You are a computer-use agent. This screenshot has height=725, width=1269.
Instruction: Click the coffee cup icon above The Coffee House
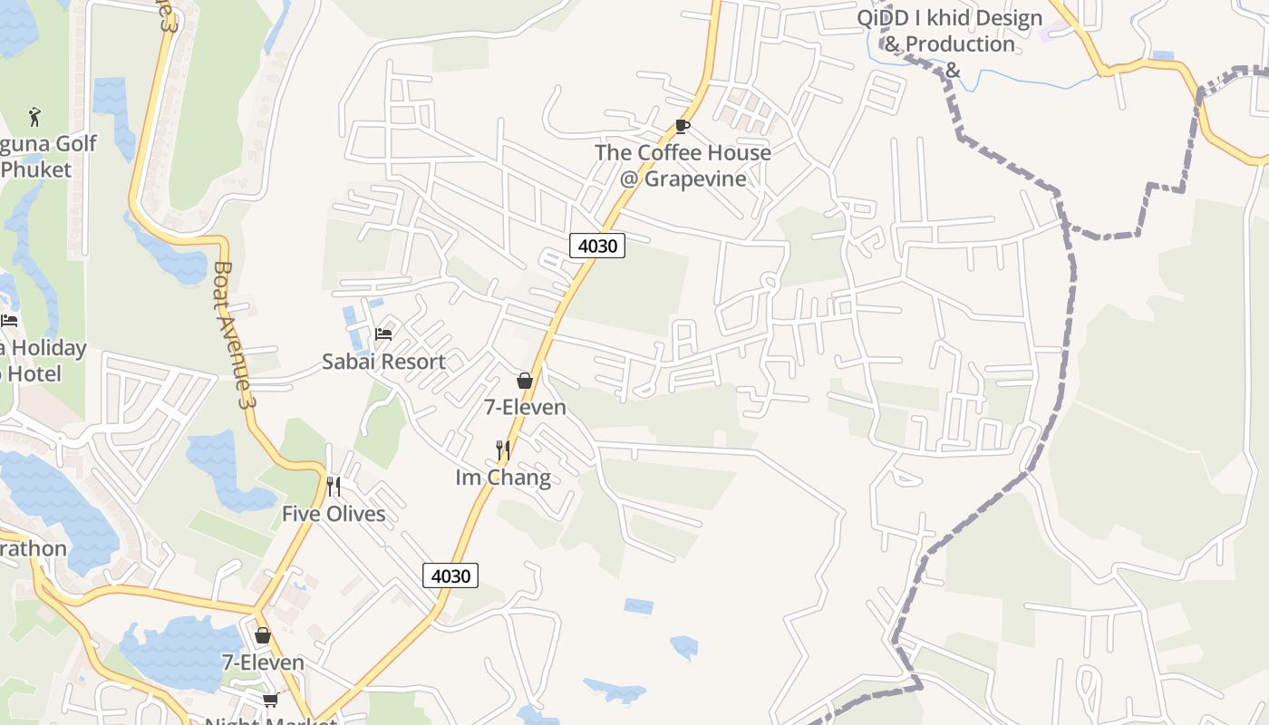tap(683, 126)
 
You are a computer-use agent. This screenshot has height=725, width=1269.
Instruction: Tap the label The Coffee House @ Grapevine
tap(683, 165)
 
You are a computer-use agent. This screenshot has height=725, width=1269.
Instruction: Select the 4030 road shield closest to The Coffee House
tap(597, 245)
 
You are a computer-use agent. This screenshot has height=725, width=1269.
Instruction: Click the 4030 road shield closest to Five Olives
tap(450, 575)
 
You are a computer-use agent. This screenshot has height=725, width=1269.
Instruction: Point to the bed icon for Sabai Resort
tap(383, 334)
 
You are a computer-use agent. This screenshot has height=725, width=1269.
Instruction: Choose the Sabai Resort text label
tap(383, 362)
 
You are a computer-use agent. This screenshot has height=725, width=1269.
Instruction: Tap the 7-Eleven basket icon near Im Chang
tap(524, 381)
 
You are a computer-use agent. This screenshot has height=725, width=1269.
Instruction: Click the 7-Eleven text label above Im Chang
tap(525, 407)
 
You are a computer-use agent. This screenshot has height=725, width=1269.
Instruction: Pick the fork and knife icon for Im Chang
tap(503, 449)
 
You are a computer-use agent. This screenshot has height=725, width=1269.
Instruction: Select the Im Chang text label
tap(503, 477)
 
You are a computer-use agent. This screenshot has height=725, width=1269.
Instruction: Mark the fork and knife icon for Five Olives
tap(334, 487)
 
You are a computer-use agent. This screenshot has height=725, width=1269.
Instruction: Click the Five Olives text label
tap(334, 514)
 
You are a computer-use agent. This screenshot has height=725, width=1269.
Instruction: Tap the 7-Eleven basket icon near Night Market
tap(263, 635)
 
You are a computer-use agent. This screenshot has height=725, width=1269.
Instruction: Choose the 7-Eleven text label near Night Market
tap(263, 662)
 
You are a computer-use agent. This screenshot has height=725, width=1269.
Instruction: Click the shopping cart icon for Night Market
tap(270, 700)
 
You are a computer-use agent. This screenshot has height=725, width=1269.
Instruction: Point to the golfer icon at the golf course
tap(34, 116)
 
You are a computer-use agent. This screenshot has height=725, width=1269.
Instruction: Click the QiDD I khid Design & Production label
tap(949, 43)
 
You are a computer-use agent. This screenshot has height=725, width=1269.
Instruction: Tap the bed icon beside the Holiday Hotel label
tap(9, 321)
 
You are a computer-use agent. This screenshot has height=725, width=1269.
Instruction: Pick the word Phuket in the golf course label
tap(36, 169)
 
